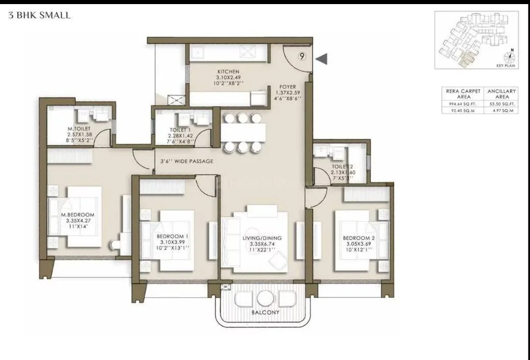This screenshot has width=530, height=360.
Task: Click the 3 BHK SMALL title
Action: [x=40, y=16]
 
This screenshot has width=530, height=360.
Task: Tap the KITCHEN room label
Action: [x=228, y=71]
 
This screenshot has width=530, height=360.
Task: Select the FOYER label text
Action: [x=288, y=87]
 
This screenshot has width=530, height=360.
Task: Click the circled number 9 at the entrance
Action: [x=302, y=57]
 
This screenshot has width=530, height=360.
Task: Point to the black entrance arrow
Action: [x=321, y=59]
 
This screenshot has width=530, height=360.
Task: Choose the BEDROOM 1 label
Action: [x=172, y=237]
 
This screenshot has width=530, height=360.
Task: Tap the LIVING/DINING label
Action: [x=262, y=238]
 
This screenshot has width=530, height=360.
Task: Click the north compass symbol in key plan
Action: [x=510, y=56]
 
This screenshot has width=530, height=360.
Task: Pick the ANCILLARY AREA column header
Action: [x=501, y=93]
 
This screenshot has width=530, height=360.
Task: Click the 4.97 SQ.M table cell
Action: [x=501, y=110]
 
